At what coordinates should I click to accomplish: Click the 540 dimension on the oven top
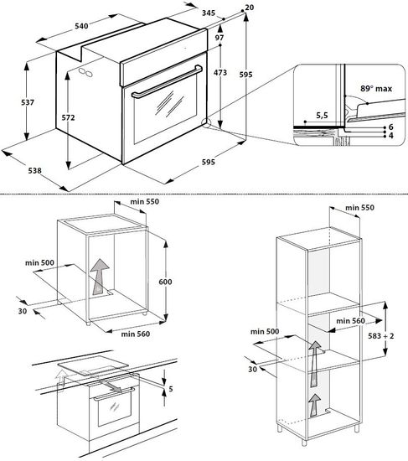tap(81, 27)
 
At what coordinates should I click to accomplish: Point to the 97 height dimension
tap(219, 39)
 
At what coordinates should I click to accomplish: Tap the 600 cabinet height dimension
tap(165, 282)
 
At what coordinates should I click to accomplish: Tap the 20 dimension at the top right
tap(250, 8)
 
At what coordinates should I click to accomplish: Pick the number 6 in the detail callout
tap(390, 127)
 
